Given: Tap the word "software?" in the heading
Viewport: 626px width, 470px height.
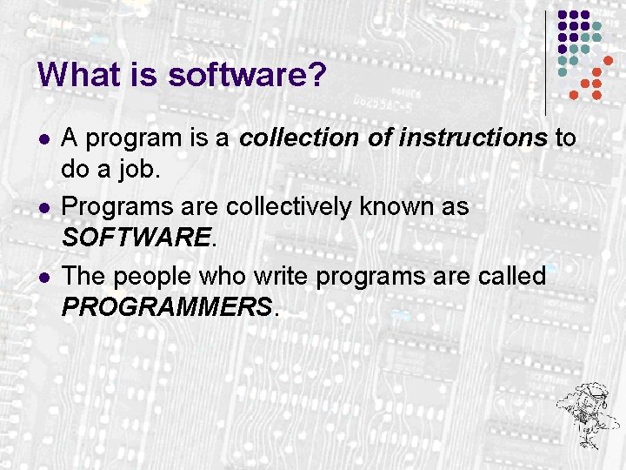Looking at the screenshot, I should point(247,75).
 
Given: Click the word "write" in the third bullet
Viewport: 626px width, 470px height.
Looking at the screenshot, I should point(282,277).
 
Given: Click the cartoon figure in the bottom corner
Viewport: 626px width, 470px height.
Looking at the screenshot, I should point(587,409).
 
